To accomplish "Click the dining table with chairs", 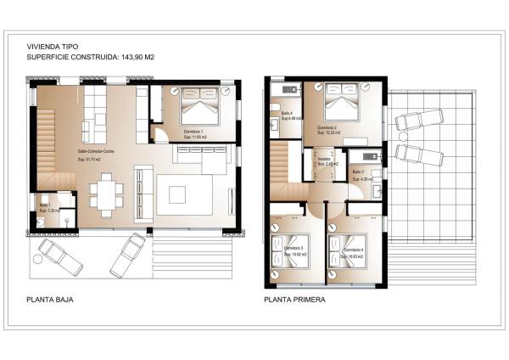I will pos(107,192).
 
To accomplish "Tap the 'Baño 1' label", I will pos(45,205).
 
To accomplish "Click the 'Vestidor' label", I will pos(324,158).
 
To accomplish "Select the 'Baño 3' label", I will pos(358,172).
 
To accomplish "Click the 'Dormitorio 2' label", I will pos(327,127).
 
